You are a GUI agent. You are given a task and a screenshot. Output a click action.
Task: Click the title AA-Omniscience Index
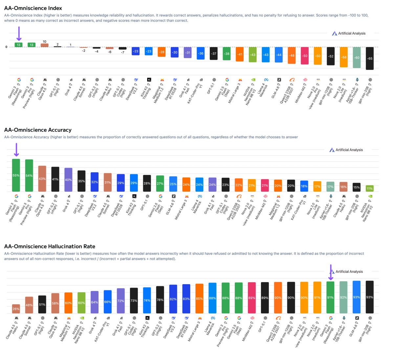(x=33, y=8)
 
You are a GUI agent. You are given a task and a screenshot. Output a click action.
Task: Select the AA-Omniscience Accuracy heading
(x=38, y=130)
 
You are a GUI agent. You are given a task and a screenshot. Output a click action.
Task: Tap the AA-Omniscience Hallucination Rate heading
(x=50, y=246)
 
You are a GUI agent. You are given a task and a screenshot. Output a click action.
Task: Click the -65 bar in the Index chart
(x=370, y=58)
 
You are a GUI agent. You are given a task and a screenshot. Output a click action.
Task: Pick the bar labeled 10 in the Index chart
(x=45, y=45)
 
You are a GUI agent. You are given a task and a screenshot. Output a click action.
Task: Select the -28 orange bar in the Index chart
(x=162, y=52)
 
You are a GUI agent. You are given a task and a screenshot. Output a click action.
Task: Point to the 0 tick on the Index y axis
(x=6, y=47)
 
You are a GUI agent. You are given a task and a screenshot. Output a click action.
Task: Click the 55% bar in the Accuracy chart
(x=16, y=175)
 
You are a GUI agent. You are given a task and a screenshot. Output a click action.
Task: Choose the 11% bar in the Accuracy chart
(x=370, y=188)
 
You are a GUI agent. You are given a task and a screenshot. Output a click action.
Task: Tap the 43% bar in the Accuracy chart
(x=42, y=179)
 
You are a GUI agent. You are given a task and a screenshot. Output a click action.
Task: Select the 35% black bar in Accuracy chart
(x=81, y=181)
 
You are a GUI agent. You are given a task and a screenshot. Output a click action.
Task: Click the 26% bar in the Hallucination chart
(x=16, y=309)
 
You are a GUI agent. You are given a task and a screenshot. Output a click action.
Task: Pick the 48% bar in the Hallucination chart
(x=29, y=305)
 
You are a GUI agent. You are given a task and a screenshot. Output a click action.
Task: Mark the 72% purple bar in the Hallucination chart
(x=121, y=301)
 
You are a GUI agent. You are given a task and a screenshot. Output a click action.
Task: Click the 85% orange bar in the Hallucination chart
(x=199, y=298)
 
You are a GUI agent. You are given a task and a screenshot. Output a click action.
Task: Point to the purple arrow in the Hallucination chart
(x=331, y=272)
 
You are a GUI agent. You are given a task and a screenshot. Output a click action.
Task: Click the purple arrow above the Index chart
(x=19, y=33)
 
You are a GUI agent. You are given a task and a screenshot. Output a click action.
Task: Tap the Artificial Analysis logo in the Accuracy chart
(x=346, y=150)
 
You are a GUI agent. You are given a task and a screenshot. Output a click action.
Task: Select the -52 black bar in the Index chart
(x=331, y=56)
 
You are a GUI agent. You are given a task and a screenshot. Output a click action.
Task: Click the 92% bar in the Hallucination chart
(x=343, y=297)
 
